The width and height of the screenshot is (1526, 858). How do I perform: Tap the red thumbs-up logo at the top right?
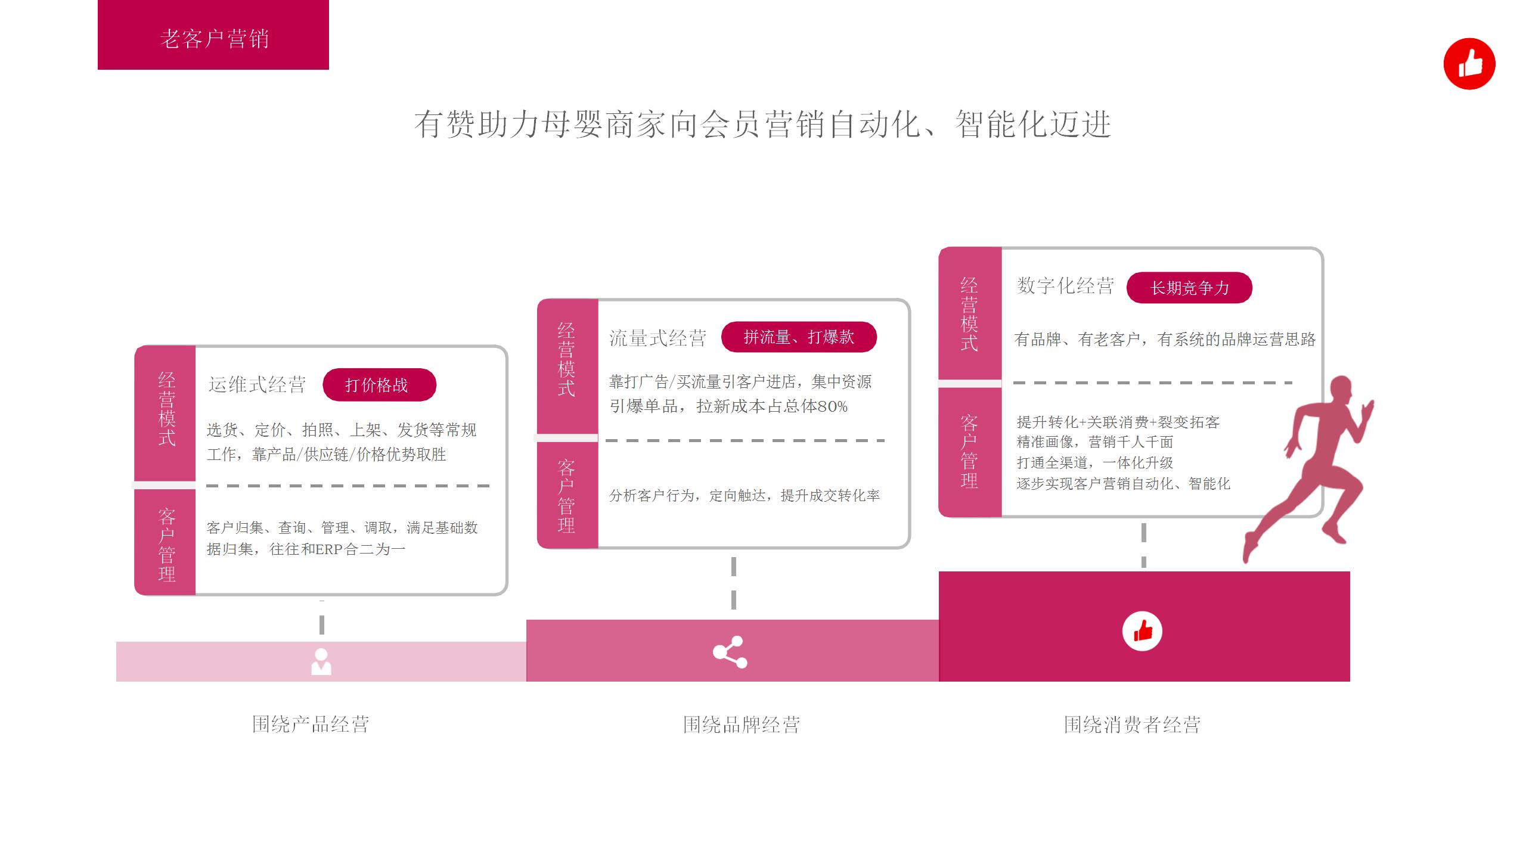point(1469,64)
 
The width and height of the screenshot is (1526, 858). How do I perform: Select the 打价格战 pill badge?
point(379,385)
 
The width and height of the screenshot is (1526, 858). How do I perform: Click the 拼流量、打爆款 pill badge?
point(799,337)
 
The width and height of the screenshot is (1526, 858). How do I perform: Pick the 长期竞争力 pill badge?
point(1189,288)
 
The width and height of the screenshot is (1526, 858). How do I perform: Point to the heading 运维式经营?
point(257,385)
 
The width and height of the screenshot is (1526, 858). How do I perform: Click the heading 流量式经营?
point(657,338)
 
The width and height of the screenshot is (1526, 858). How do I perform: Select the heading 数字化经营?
point(1065,286)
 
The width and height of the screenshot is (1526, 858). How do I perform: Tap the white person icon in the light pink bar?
point(321,661)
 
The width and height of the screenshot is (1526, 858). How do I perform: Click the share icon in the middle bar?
point(730,652)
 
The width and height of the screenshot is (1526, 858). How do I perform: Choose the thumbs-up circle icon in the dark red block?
point(1142,631)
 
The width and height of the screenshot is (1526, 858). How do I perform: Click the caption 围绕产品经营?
point(311,725)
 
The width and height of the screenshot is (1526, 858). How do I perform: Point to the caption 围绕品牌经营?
point(741,725)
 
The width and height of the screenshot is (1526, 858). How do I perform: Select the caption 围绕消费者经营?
point(1132,725)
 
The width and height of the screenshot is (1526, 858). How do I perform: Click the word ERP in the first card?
point(328,549)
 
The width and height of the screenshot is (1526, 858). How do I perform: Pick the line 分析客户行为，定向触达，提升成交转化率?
point(744,496)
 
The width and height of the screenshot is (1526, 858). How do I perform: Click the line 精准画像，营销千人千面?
point(1094,442)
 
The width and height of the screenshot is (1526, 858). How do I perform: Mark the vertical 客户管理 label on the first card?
point(166,545)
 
